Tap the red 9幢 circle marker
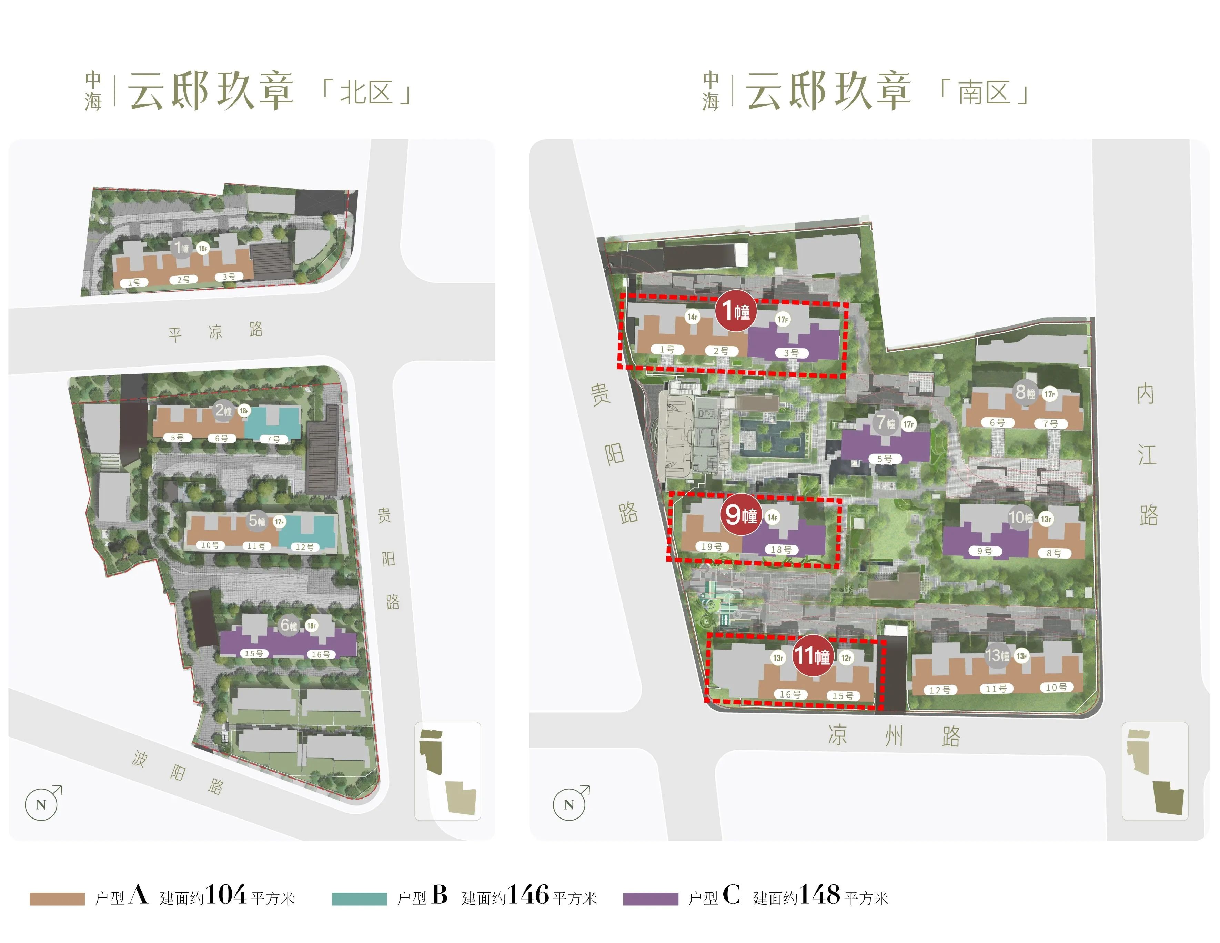tap(741, 514)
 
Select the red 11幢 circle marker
tap(813, 655)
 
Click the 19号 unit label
tap(712, 546)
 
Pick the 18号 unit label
tap(781, 550)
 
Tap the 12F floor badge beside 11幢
tap(846, 658)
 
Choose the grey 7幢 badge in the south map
tap(885, 422)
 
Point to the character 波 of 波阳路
tap(140, 758)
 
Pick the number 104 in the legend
tap(226, 895)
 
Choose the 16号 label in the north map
tap(320, 654)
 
